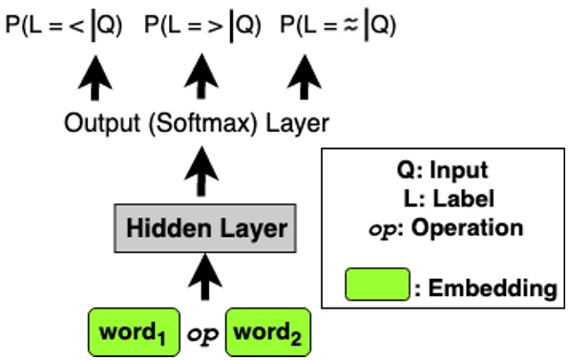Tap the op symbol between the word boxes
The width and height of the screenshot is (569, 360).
coord(201,335)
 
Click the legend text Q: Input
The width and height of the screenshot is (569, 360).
coord(442,171)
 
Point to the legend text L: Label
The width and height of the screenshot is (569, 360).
coord(442,200)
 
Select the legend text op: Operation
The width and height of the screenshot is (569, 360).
coord(442,229)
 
